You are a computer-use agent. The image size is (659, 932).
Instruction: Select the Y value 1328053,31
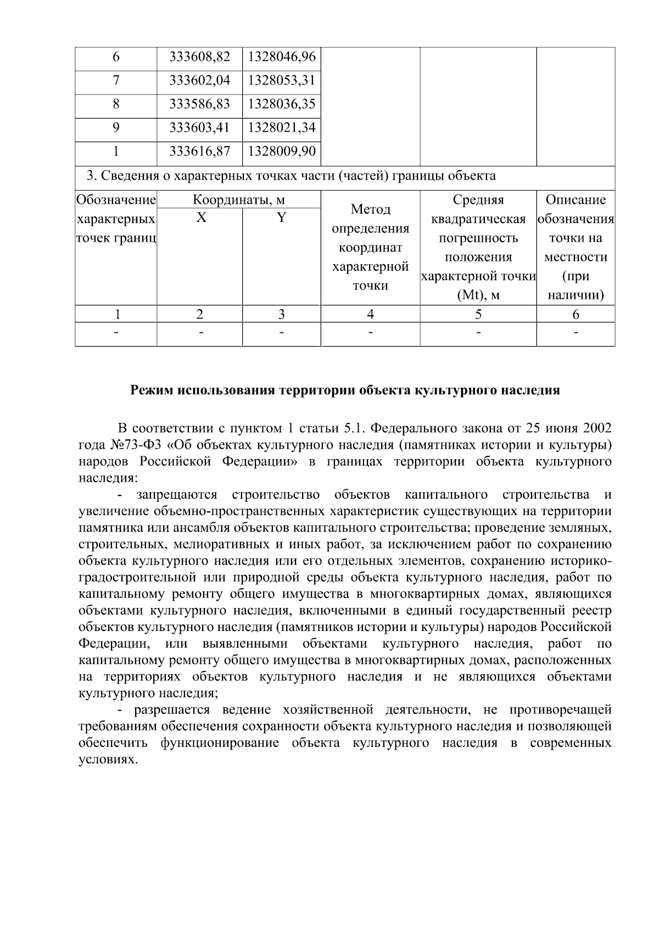[x=282, y=81]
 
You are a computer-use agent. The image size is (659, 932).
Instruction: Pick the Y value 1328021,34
[x=282, y=128]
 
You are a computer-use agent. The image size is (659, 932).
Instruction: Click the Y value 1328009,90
[x=282, y=151]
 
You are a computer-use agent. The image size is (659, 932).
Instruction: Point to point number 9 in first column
[x=116, y=128]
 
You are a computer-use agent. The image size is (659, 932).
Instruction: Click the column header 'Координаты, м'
[x=239, y=200]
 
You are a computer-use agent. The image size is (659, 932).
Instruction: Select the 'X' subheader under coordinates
[x=202, y=218]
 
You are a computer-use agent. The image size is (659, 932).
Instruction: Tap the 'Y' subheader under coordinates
[x=281, y=218]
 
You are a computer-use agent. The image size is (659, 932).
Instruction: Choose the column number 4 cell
[x=370, y=315]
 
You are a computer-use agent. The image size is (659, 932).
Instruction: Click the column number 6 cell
[x=576, y=315]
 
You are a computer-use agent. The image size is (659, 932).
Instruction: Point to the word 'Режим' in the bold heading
[x=149, y=390]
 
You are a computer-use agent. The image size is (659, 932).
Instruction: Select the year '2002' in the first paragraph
[x=594, y=428]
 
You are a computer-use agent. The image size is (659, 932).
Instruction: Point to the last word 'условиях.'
[x=107, y=760]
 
